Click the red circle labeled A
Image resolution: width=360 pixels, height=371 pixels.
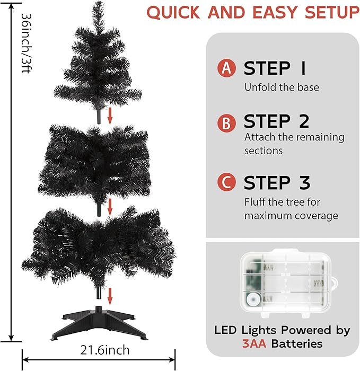(x=227, y=68)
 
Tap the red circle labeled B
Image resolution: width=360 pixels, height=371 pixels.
(x=227, y=122)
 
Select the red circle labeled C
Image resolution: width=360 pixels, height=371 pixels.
(x=227, y=183)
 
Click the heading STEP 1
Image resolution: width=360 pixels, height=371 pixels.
(x=275, y=68)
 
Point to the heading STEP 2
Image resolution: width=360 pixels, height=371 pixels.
(x=276, y=122)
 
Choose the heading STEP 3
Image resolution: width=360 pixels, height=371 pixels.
(x=277, y=183)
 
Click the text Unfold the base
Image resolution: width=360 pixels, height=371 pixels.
(x=282, y=87)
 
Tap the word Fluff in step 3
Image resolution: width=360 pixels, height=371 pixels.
(x=254, y=202)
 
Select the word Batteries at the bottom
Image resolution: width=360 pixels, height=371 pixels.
(x=297, y=343)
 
